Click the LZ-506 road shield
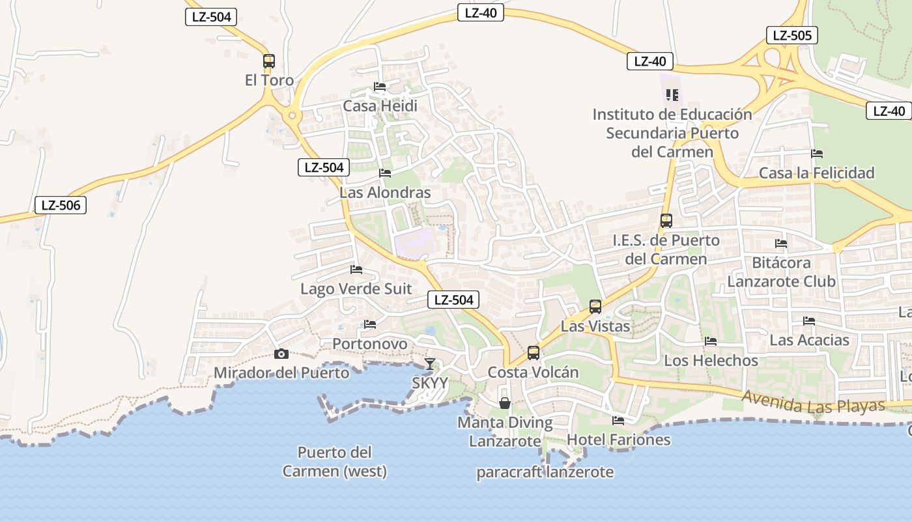[61, 205]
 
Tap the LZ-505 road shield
[791, 35]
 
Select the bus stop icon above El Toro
[268, 61]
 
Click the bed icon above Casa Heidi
[380, 87]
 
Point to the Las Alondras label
[385, 193]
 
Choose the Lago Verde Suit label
[356, 289]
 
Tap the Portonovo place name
[369, 344]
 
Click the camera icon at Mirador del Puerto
[281, 354]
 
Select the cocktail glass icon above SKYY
[429, 363]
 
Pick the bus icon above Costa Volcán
[534, 353]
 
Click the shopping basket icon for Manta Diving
[504, 403]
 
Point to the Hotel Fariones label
[618, 440]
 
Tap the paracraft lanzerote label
[545, 472]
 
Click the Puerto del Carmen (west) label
[334, 462]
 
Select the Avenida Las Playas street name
[814, 401]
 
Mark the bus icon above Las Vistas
[595, 306]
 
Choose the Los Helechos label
[711, 360]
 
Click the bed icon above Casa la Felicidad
[817, 154]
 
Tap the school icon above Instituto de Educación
[672, 95]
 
